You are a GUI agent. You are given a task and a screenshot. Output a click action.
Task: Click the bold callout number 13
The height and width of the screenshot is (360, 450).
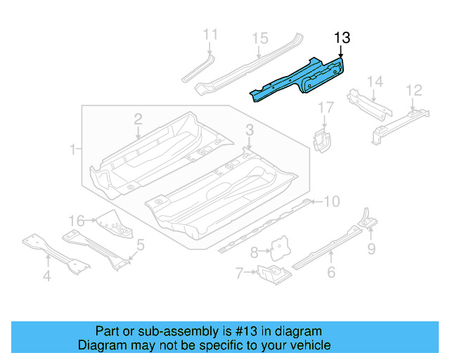point(342,38)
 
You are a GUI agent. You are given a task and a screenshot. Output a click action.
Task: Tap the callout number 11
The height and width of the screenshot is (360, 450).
point(210,34)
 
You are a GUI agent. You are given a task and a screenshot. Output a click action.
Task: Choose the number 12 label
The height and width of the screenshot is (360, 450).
point(414,90)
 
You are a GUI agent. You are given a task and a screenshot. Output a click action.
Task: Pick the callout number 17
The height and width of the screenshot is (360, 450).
point(325,108)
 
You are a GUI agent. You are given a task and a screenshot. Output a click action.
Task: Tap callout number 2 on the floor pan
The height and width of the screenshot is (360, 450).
point(138,119)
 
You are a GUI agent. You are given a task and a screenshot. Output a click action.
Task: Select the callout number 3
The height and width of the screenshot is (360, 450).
point(250,129)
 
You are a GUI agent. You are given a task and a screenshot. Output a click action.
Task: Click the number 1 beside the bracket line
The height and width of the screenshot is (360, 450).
point(73,149)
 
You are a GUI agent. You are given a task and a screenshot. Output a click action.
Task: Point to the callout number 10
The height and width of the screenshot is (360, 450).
point(331,202)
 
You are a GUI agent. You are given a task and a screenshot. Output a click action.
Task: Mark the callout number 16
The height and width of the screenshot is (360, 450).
point(77,220)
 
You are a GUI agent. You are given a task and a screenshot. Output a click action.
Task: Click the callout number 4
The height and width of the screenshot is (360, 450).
point(46,276)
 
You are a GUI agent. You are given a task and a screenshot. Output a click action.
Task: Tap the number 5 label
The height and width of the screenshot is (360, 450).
point(141,245)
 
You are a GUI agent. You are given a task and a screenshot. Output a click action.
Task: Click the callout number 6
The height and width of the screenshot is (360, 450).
point(331,272)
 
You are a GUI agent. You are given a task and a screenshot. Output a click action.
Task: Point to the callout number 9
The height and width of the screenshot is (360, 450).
point(371,247)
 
